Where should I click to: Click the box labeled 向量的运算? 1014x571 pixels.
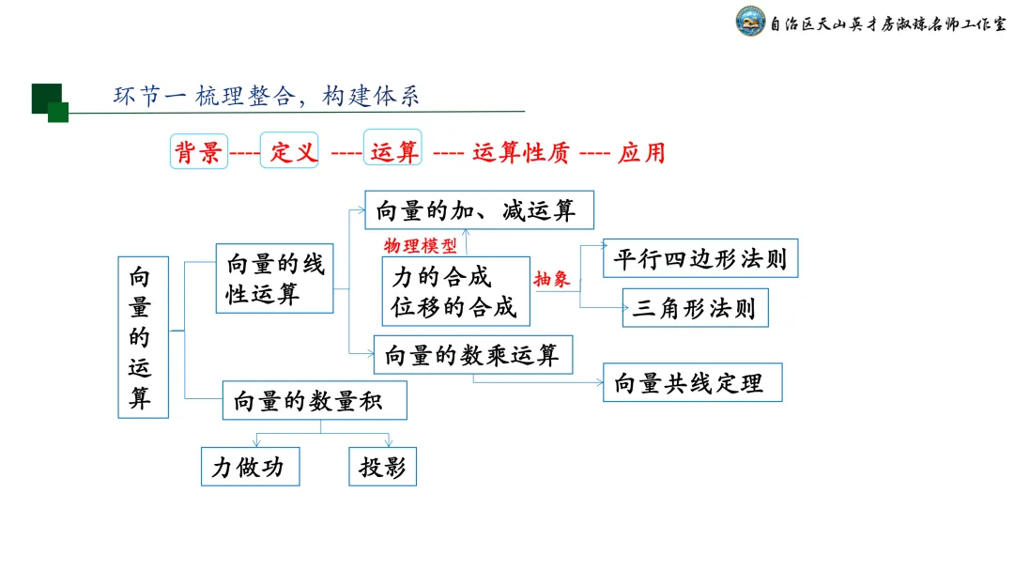[x=143, y=336]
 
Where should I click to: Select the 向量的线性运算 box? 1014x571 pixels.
[x=274, y=279]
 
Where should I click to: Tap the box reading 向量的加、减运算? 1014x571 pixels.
[x=479, y=210]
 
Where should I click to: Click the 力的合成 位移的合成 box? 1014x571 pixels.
[x=455, y=291]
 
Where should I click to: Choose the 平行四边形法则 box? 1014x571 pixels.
[x=700, y=258]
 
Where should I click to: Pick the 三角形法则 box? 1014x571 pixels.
[x=695, y=308]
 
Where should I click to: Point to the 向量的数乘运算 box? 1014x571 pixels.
[x=472, y=355]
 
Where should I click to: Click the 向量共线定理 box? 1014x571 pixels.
[x=692, y=382]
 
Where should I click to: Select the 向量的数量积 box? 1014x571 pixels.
[x=315, y=400]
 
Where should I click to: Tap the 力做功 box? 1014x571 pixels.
[x=250, y=467]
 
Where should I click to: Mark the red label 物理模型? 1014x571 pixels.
[x=420, y=246]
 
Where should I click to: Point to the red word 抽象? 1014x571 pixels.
[x=552, y=279]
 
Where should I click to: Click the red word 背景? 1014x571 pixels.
[x=199, y=152]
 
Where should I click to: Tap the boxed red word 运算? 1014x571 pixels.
[x=393, y=150]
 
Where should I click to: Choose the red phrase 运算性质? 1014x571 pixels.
[x=520, y=153]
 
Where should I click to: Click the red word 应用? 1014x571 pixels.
[x=642, y=153]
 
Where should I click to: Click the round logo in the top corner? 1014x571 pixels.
[x=750, y=23]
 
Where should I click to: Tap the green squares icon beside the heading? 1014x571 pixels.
[x=50, y=102]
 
